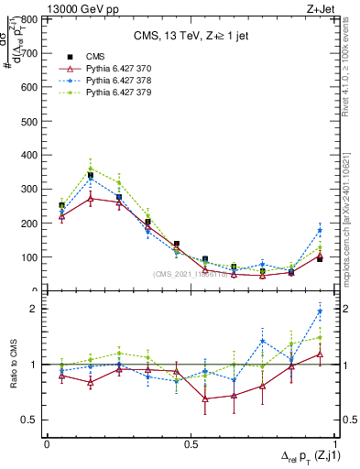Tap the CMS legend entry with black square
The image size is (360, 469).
click(82, 56)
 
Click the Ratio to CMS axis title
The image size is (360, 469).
click(12, 365)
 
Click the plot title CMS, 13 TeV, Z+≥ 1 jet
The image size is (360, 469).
click(191, 36)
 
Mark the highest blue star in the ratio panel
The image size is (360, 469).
click(320, 311)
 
